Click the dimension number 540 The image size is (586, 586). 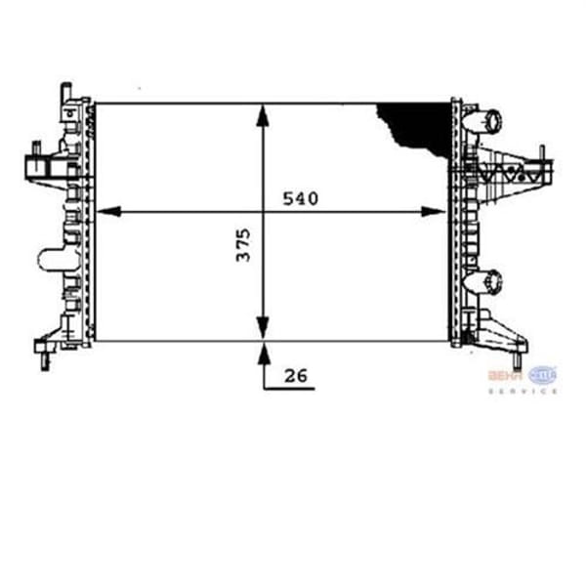coord(301,198)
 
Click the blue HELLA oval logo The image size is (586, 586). coord(542,374)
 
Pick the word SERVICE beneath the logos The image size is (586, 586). coord(523,391)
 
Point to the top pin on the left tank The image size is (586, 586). coord(66,90)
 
